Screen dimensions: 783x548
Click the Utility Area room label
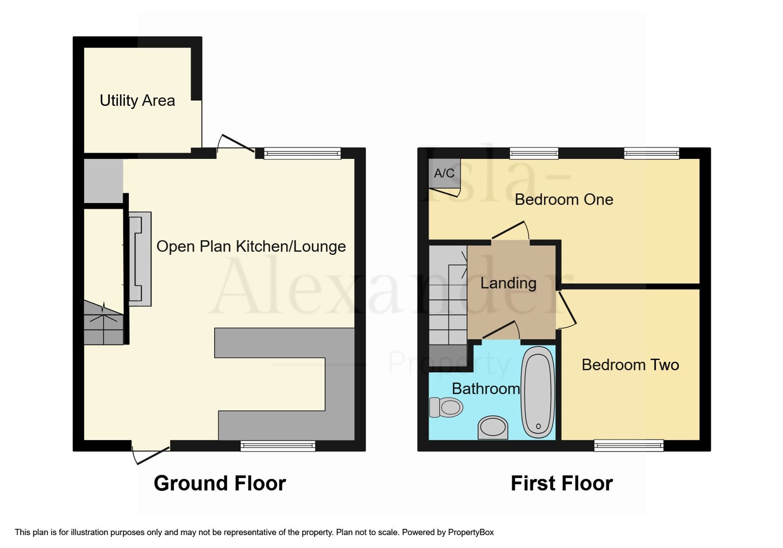click(137, 101)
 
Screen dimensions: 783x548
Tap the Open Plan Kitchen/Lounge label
click(251, 247)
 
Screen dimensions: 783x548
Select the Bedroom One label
click(564, 200)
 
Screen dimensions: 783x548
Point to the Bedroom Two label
click(630, 365)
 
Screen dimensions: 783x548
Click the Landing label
click(508, 283)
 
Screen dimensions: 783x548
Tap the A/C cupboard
click(444, 173)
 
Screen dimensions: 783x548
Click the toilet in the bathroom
click(446, 407)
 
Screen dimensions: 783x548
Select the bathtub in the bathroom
click(538, 392)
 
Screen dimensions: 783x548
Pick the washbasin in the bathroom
click(493, 427)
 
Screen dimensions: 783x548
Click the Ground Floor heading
click(220, 483)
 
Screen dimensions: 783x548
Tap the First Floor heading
click(562, 483)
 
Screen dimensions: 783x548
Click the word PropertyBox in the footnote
click(471, 532)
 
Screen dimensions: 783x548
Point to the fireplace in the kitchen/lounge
click(140, 259)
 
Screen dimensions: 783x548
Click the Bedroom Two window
click(629, 445)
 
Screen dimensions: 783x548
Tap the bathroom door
click(501, 330)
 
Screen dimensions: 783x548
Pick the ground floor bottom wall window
click(278, 446)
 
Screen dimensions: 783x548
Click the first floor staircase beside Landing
click(448, 306)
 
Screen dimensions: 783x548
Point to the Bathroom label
click(486, 389)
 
